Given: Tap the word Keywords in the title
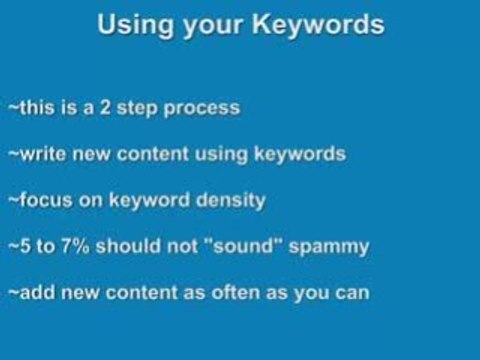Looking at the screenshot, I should pyautogui.click(x=320, y=27).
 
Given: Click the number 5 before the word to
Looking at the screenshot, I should pyautogui.click(x=23, y=247).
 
